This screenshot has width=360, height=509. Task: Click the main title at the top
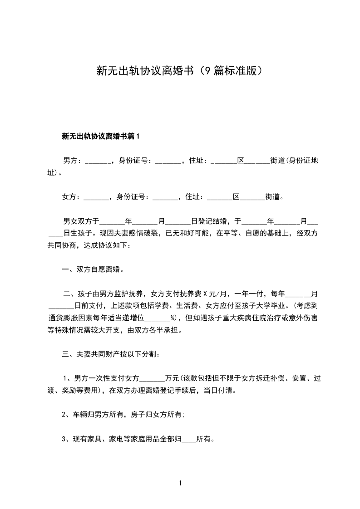(180, 70)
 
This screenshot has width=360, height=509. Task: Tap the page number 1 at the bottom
(180, 483)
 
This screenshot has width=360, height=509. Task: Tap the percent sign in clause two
(173, 318)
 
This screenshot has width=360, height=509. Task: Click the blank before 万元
(153, 378)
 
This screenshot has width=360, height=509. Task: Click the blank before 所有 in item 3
(188, 439)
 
